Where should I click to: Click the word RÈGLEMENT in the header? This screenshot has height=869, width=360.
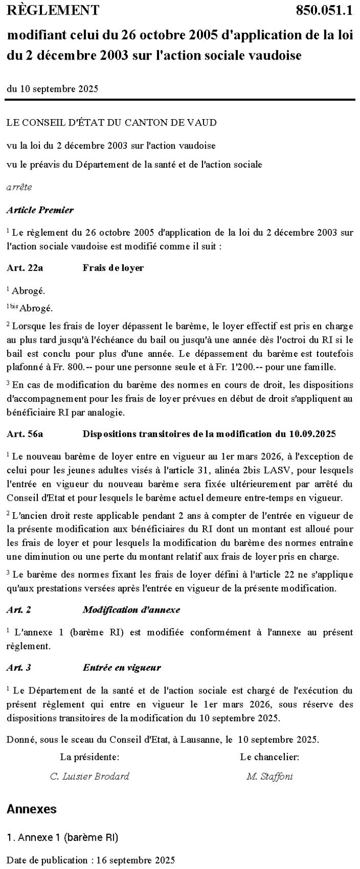point(53,10)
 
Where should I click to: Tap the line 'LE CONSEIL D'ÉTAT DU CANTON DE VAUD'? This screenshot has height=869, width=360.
point(112,123)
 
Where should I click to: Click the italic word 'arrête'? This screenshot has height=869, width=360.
point(19,187)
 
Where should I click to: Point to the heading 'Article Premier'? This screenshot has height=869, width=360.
point(40,210)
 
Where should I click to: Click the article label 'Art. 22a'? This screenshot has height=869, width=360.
point(25,268)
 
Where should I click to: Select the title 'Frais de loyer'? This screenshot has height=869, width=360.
point(113,268)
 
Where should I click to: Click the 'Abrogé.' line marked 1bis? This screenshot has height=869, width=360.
point(35,308)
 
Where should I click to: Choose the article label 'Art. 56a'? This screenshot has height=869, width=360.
point(25,434)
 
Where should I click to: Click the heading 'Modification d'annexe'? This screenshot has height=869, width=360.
point(131,610)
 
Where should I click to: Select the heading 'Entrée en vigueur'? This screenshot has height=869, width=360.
point(122,668)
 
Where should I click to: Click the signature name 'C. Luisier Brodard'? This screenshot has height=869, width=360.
point(89,776)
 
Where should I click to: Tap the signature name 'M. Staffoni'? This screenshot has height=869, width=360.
point(270,776)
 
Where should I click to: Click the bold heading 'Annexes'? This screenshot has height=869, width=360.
point(31,809)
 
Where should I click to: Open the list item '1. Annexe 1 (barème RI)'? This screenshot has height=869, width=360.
point(63,838)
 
